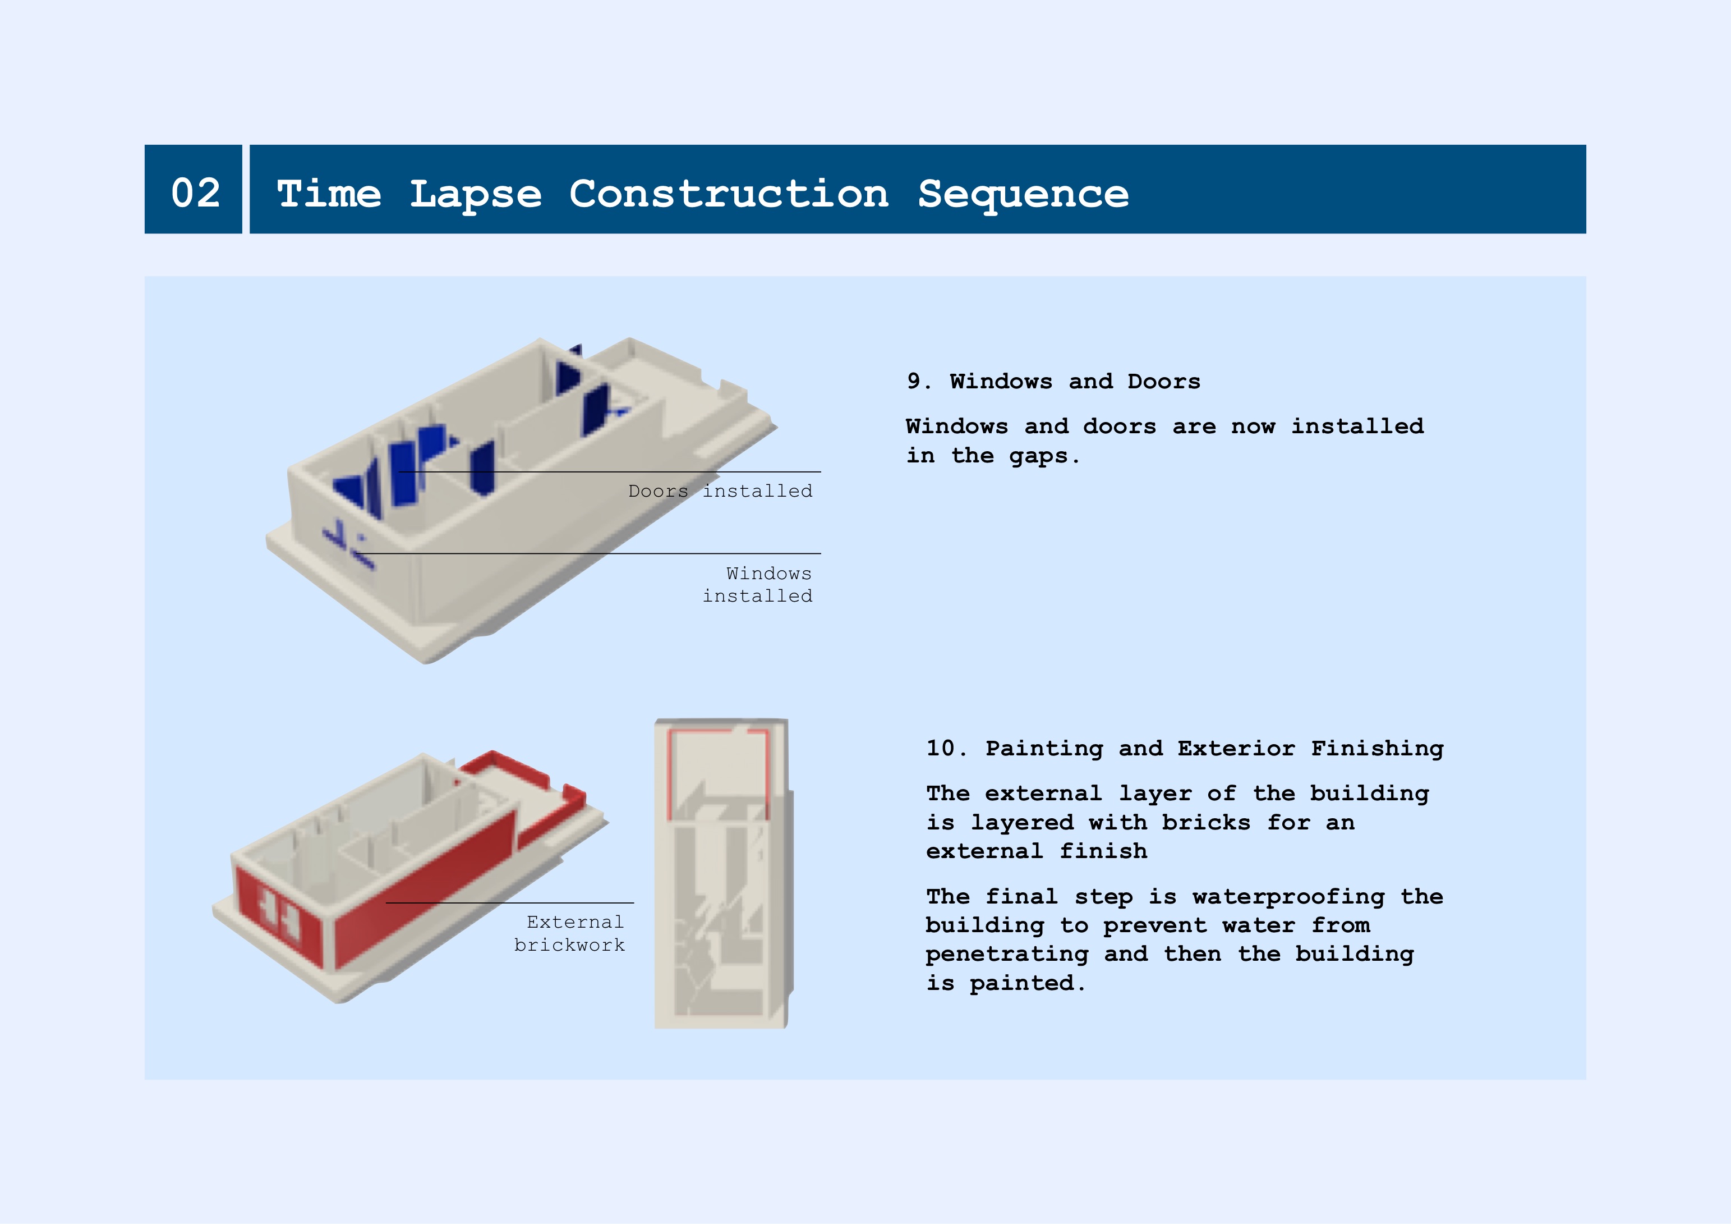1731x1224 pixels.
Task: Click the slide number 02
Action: pos(196,193)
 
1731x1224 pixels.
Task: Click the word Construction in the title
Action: pos(729,193)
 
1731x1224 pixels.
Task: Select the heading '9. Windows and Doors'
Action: pos(1053,381)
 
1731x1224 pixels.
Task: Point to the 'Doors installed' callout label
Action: pos(720,491)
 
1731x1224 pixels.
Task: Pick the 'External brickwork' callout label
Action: pos(569,934)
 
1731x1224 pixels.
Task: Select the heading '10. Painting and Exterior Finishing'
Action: pos(1185,748)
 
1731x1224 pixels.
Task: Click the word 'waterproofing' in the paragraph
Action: pos(1288,897)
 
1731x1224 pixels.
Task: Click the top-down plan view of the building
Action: pos(723,873)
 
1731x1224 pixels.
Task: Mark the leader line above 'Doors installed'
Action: pos(609,472)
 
